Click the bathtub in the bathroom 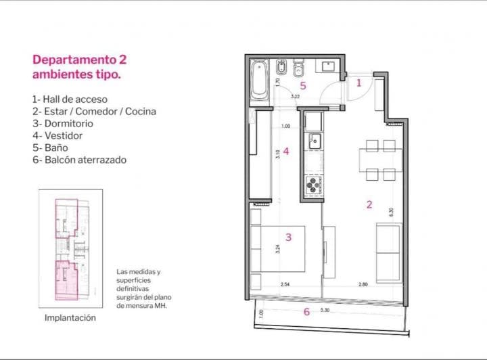click(258, 81)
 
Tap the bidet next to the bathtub click(282, 70)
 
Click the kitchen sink click(313, 141)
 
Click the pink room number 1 click(359, 83)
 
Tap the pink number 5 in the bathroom click(303, 86)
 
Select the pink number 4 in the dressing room click(286, 151)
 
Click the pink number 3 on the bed click(288, 237)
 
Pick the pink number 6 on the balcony click(306, 311)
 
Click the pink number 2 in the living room click(369, 204)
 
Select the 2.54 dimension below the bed click(285, 285)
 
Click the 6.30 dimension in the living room click(390, 211)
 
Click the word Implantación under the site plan click(70, 317)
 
